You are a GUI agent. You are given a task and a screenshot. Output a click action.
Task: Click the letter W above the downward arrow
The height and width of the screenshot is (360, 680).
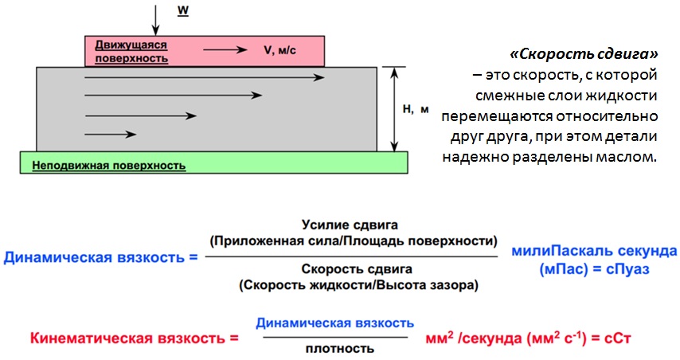coord(183,11)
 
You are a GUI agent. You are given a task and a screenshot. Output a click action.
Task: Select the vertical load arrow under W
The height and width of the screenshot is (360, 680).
coord(155,20)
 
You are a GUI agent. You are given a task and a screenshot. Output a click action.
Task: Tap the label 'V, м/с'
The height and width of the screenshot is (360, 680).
coord(279,50)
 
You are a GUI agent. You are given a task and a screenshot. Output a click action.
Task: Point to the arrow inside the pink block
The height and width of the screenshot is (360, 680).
coord(225,50)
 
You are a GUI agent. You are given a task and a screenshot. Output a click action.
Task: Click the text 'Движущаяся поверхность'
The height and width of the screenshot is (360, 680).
coord(131,52)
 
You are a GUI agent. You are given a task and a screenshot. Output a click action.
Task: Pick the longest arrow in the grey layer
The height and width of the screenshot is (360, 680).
coord(205,77)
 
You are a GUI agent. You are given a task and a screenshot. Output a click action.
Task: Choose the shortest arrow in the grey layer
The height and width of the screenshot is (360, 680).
coord(111,135)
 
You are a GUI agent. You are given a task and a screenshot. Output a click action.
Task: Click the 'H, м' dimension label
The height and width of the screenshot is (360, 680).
coord(416,109)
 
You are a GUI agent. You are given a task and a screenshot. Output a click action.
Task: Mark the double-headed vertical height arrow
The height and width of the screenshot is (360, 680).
coord(394,109)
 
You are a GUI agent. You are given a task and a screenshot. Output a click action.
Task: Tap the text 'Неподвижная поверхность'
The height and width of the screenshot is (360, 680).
coord(109,166)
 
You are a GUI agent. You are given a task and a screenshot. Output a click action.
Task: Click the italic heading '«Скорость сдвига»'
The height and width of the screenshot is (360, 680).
coord(584,54)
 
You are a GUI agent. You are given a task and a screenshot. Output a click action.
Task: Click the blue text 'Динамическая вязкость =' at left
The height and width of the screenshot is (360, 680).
coord(100,257)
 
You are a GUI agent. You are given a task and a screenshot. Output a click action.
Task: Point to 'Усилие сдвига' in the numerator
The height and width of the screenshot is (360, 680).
coord(350,225)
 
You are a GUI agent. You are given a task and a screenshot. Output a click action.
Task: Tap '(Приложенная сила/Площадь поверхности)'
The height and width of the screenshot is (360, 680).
coord(354,241)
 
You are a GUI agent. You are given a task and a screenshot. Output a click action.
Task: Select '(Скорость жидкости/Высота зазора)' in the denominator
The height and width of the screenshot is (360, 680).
coord(358,285)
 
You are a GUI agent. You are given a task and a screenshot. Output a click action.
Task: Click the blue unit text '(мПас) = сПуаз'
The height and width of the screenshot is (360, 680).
coord(594,269)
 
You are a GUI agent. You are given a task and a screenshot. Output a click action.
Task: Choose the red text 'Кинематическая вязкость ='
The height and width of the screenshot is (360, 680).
coord(135,338)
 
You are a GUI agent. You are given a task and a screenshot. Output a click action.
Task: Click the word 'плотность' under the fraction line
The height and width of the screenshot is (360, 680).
coord(339,348)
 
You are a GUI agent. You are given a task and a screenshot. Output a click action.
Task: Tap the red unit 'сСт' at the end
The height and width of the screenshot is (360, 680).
coord(618,338)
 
